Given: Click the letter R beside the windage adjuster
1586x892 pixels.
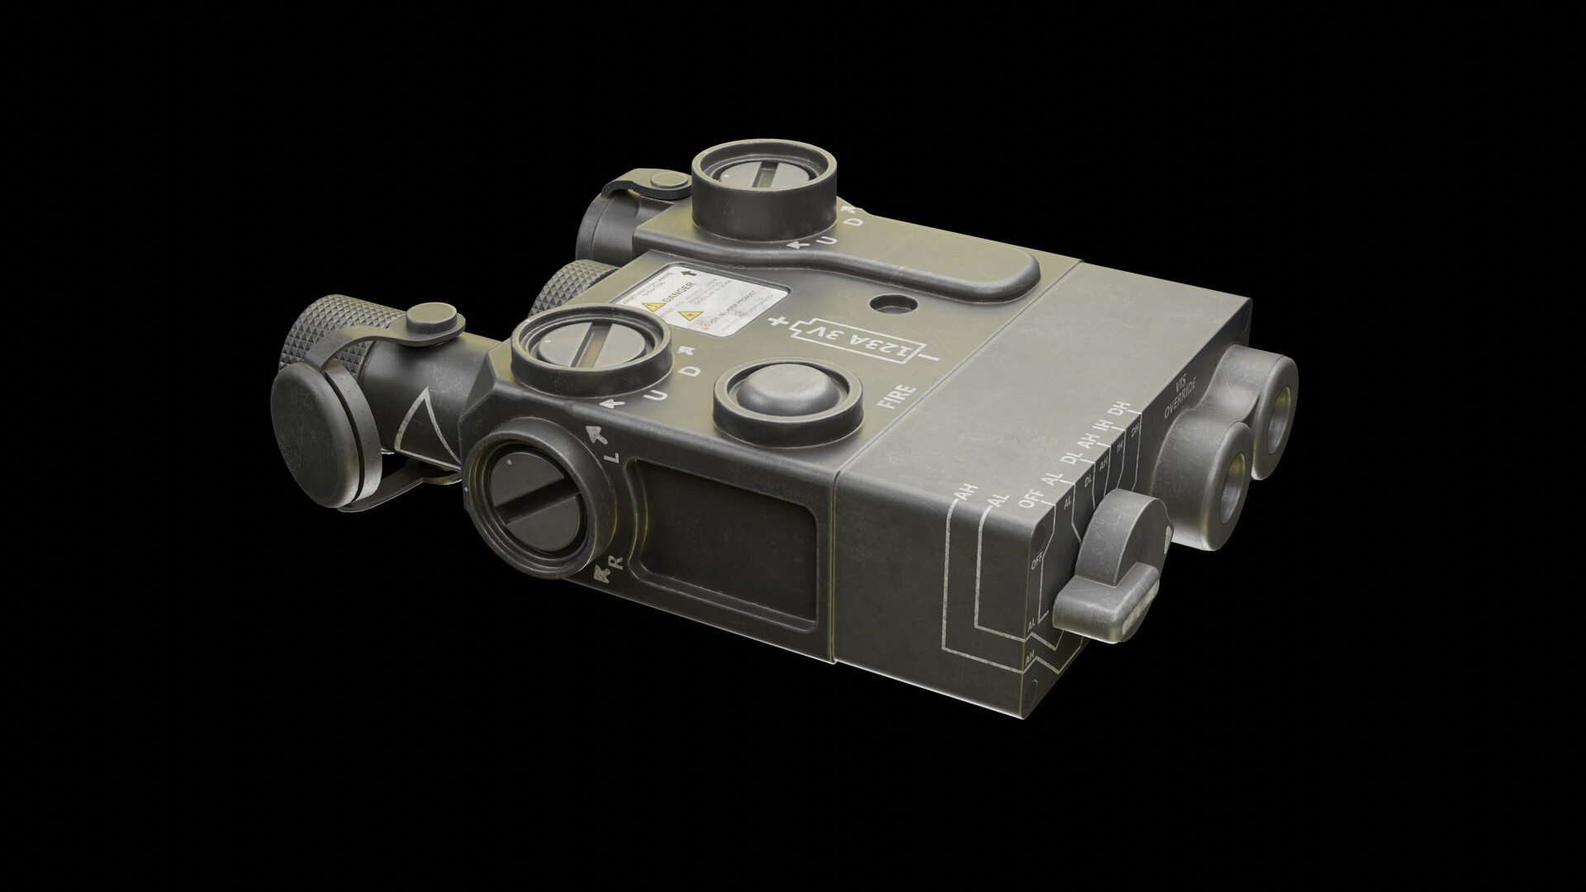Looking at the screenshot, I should click(x=614, y=562).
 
